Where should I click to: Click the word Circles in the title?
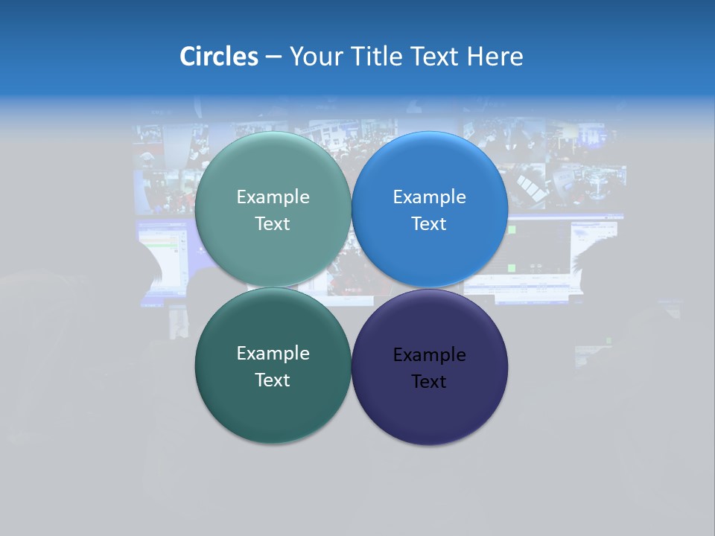[x=218, y=57]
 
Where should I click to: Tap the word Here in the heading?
[x=495, y=57]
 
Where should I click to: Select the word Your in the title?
[x=317, y=57]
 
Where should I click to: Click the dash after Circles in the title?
[x=273, y=57]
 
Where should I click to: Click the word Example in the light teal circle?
[x=273, y=197]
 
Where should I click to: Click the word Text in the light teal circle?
[x=273, y=224]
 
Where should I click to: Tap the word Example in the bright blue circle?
[x=429, y=197]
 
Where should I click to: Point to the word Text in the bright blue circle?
[x=429, y=224]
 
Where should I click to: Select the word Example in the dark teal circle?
[x=273, y=354]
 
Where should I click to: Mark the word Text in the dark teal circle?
[x=273, y=380]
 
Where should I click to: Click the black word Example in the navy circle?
[x=429, y=355]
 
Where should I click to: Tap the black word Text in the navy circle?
[x=429, y=382]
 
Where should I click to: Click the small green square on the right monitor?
[x=511, y=267]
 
